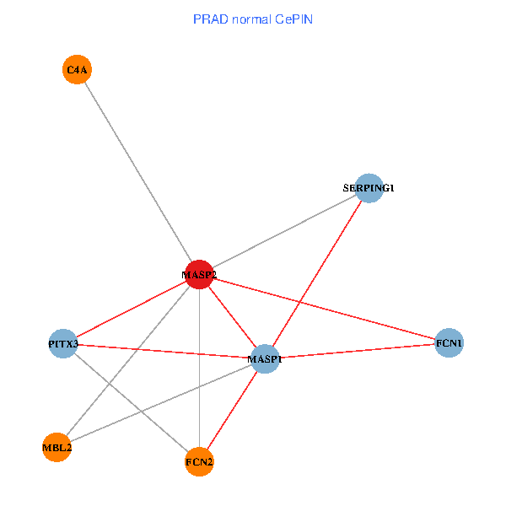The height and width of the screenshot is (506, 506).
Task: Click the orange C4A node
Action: click(x=77, y=69)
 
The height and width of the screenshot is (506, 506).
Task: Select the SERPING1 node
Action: click(x=369, y=188)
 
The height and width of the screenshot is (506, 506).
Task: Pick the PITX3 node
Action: click(x=63, y=344)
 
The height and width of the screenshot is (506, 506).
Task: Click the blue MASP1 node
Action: click(x=265, y=359)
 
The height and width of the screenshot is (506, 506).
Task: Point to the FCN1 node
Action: click(x=449, y=343)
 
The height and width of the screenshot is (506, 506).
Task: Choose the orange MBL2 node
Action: click(x=57, y=447)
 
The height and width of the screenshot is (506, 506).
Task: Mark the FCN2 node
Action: click(x=199, y=461)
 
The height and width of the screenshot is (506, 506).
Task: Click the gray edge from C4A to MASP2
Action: click(x=137, y=171)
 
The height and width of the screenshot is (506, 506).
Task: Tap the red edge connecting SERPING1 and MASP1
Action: click(x=317, y=273)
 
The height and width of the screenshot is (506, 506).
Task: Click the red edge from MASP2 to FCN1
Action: click(x=325, y=310)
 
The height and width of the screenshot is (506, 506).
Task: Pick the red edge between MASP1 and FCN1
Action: click(x=358, y=351)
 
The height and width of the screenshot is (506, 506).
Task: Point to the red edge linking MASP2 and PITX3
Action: click(x=131, y=310)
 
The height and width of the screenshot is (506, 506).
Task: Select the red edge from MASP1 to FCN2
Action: click(x=232, y=411)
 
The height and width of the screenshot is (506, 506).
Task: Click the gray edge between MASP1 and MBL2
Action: click(x=160, y=403)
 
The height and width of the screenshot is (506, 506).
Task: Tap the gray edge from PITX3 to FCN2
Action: click(x=131, y=402)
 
